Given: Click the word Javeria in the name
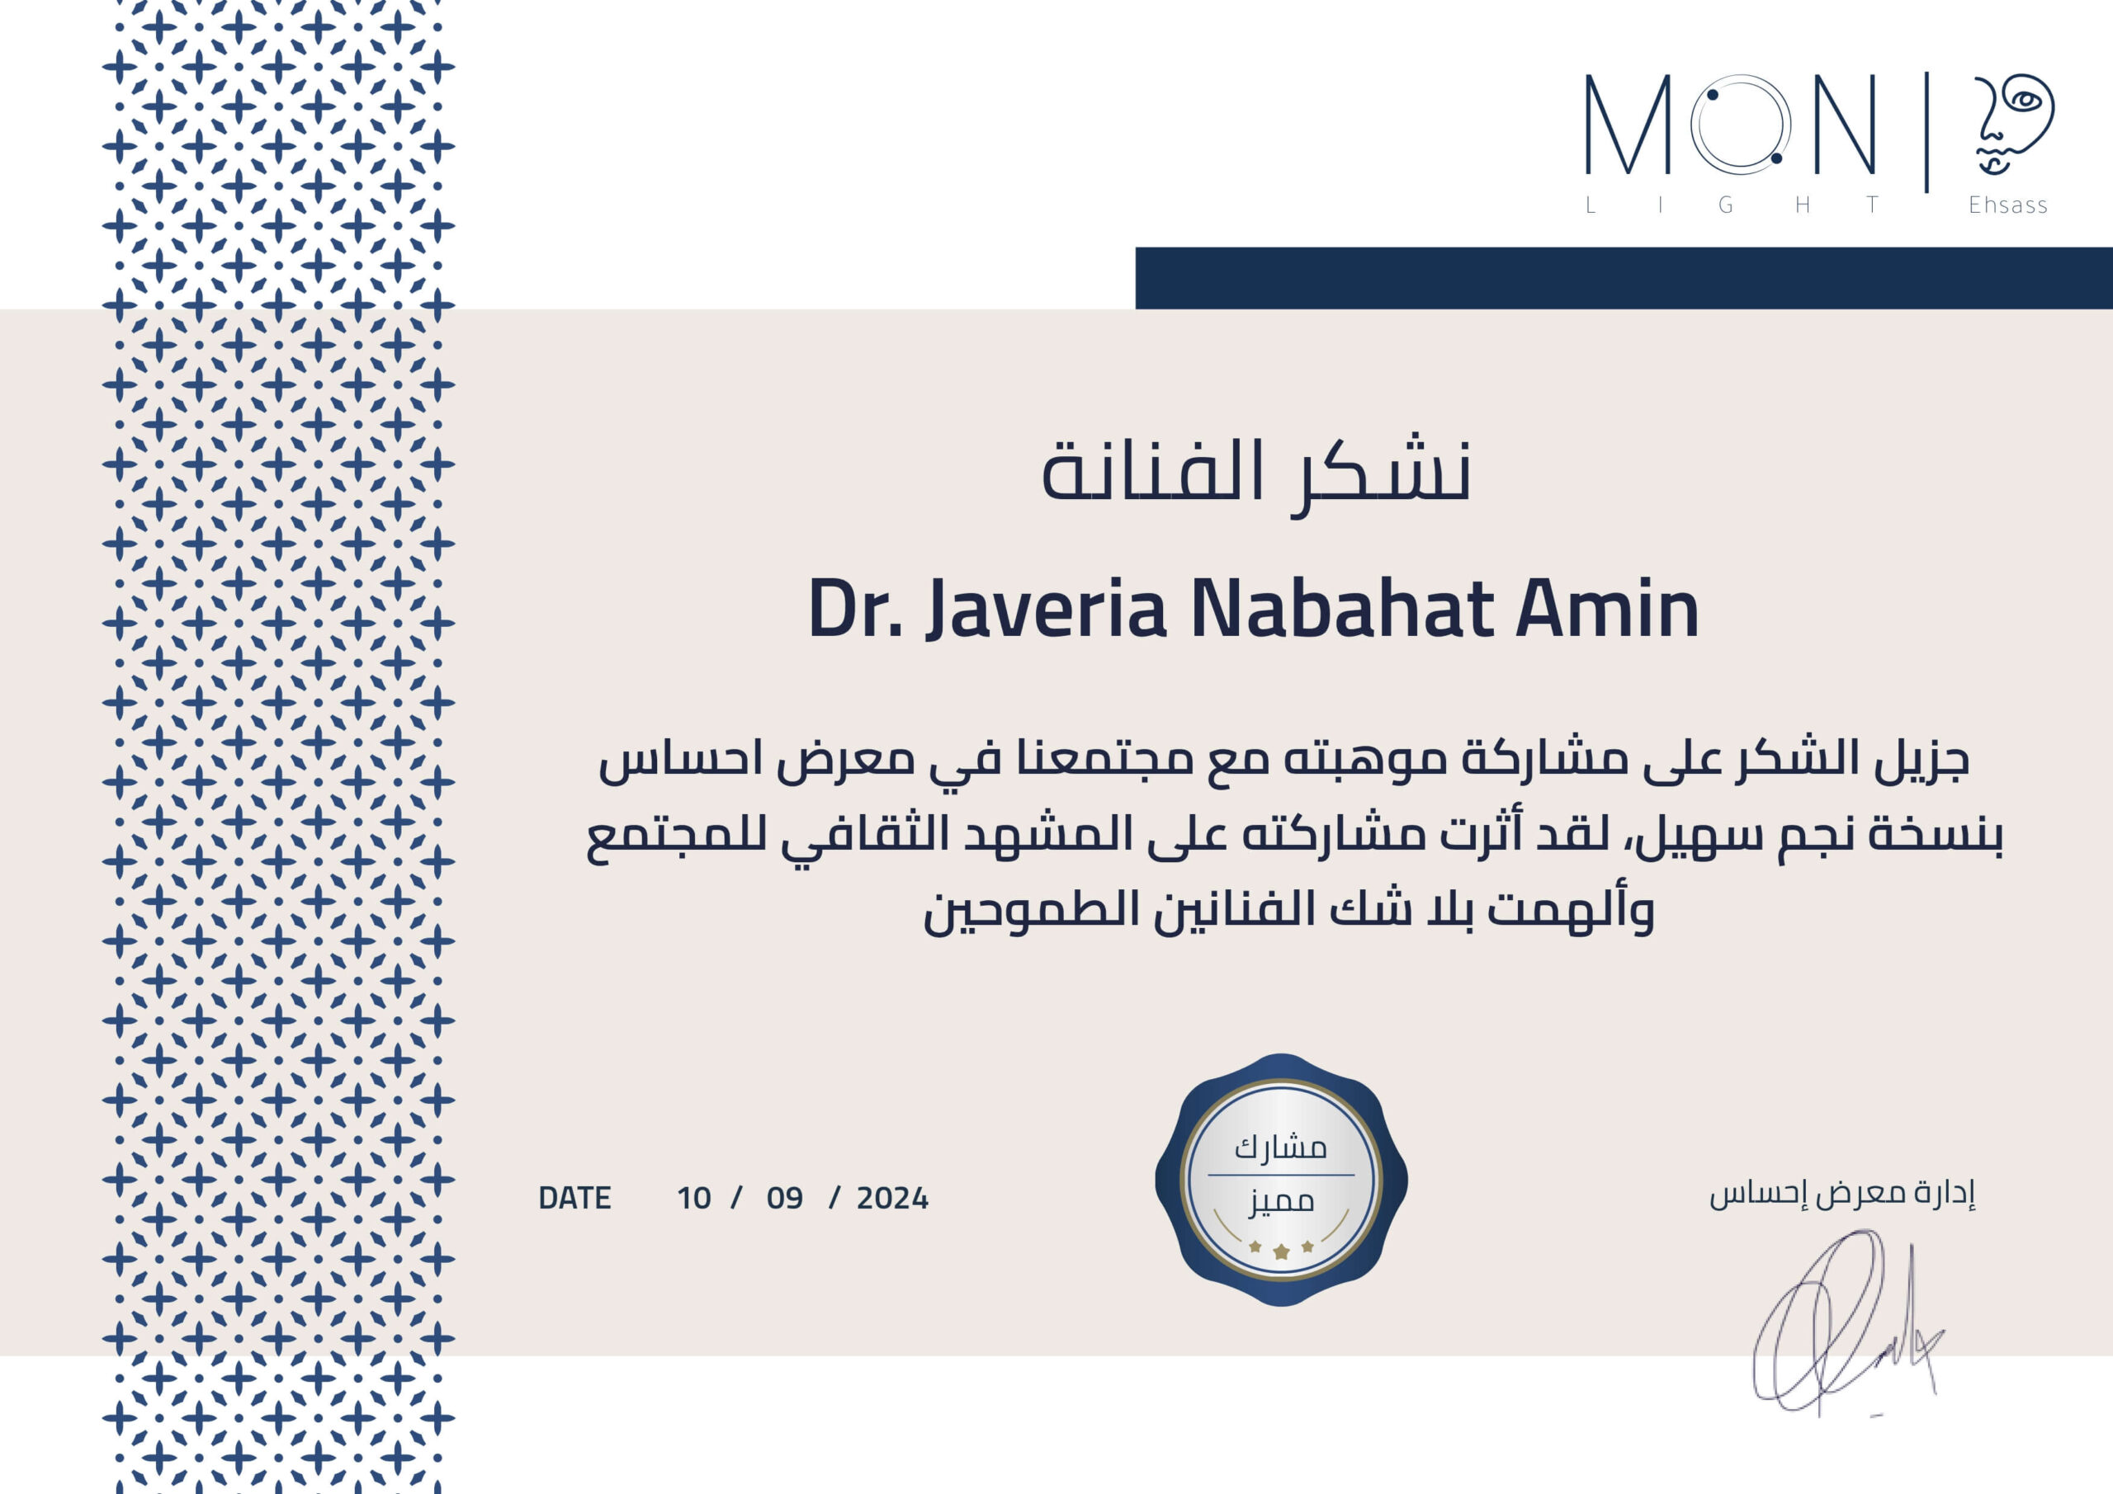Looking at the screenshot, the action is [x=1046, y=609].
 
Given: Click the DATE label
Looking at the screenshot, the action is [x=574, y=1198].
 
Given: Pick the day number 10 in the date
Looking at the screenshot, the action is [x=694, y=1198].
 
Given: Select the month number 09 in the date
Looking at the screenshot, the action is [x=784, y=1198].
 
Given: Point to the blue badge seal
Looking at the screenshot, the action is [x=1281, y=1180].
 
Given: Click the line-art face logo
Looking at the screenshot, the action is [x=2012, y=125].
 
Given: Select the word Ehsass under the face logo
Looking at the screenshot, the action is [x=2008, y=205].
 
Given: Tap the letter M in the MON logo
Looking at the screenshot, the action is [x=1627, y=125].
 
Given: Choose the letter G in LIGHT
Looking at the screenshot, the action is [x=1726, y=205].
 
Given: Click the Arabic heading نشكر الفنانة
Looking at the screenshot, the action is [x=1255, y=472].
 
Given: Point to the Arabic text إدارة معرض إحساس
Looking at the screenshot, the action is [x=1842, y=1193].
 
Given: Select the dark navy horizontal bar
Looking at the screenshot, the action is [x=1624, y=278].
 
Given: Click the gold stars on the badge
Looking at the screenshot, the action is [x=1281, y=1249].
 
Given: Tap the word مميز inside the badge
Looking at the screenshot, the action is [x=1281, y=1201].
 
